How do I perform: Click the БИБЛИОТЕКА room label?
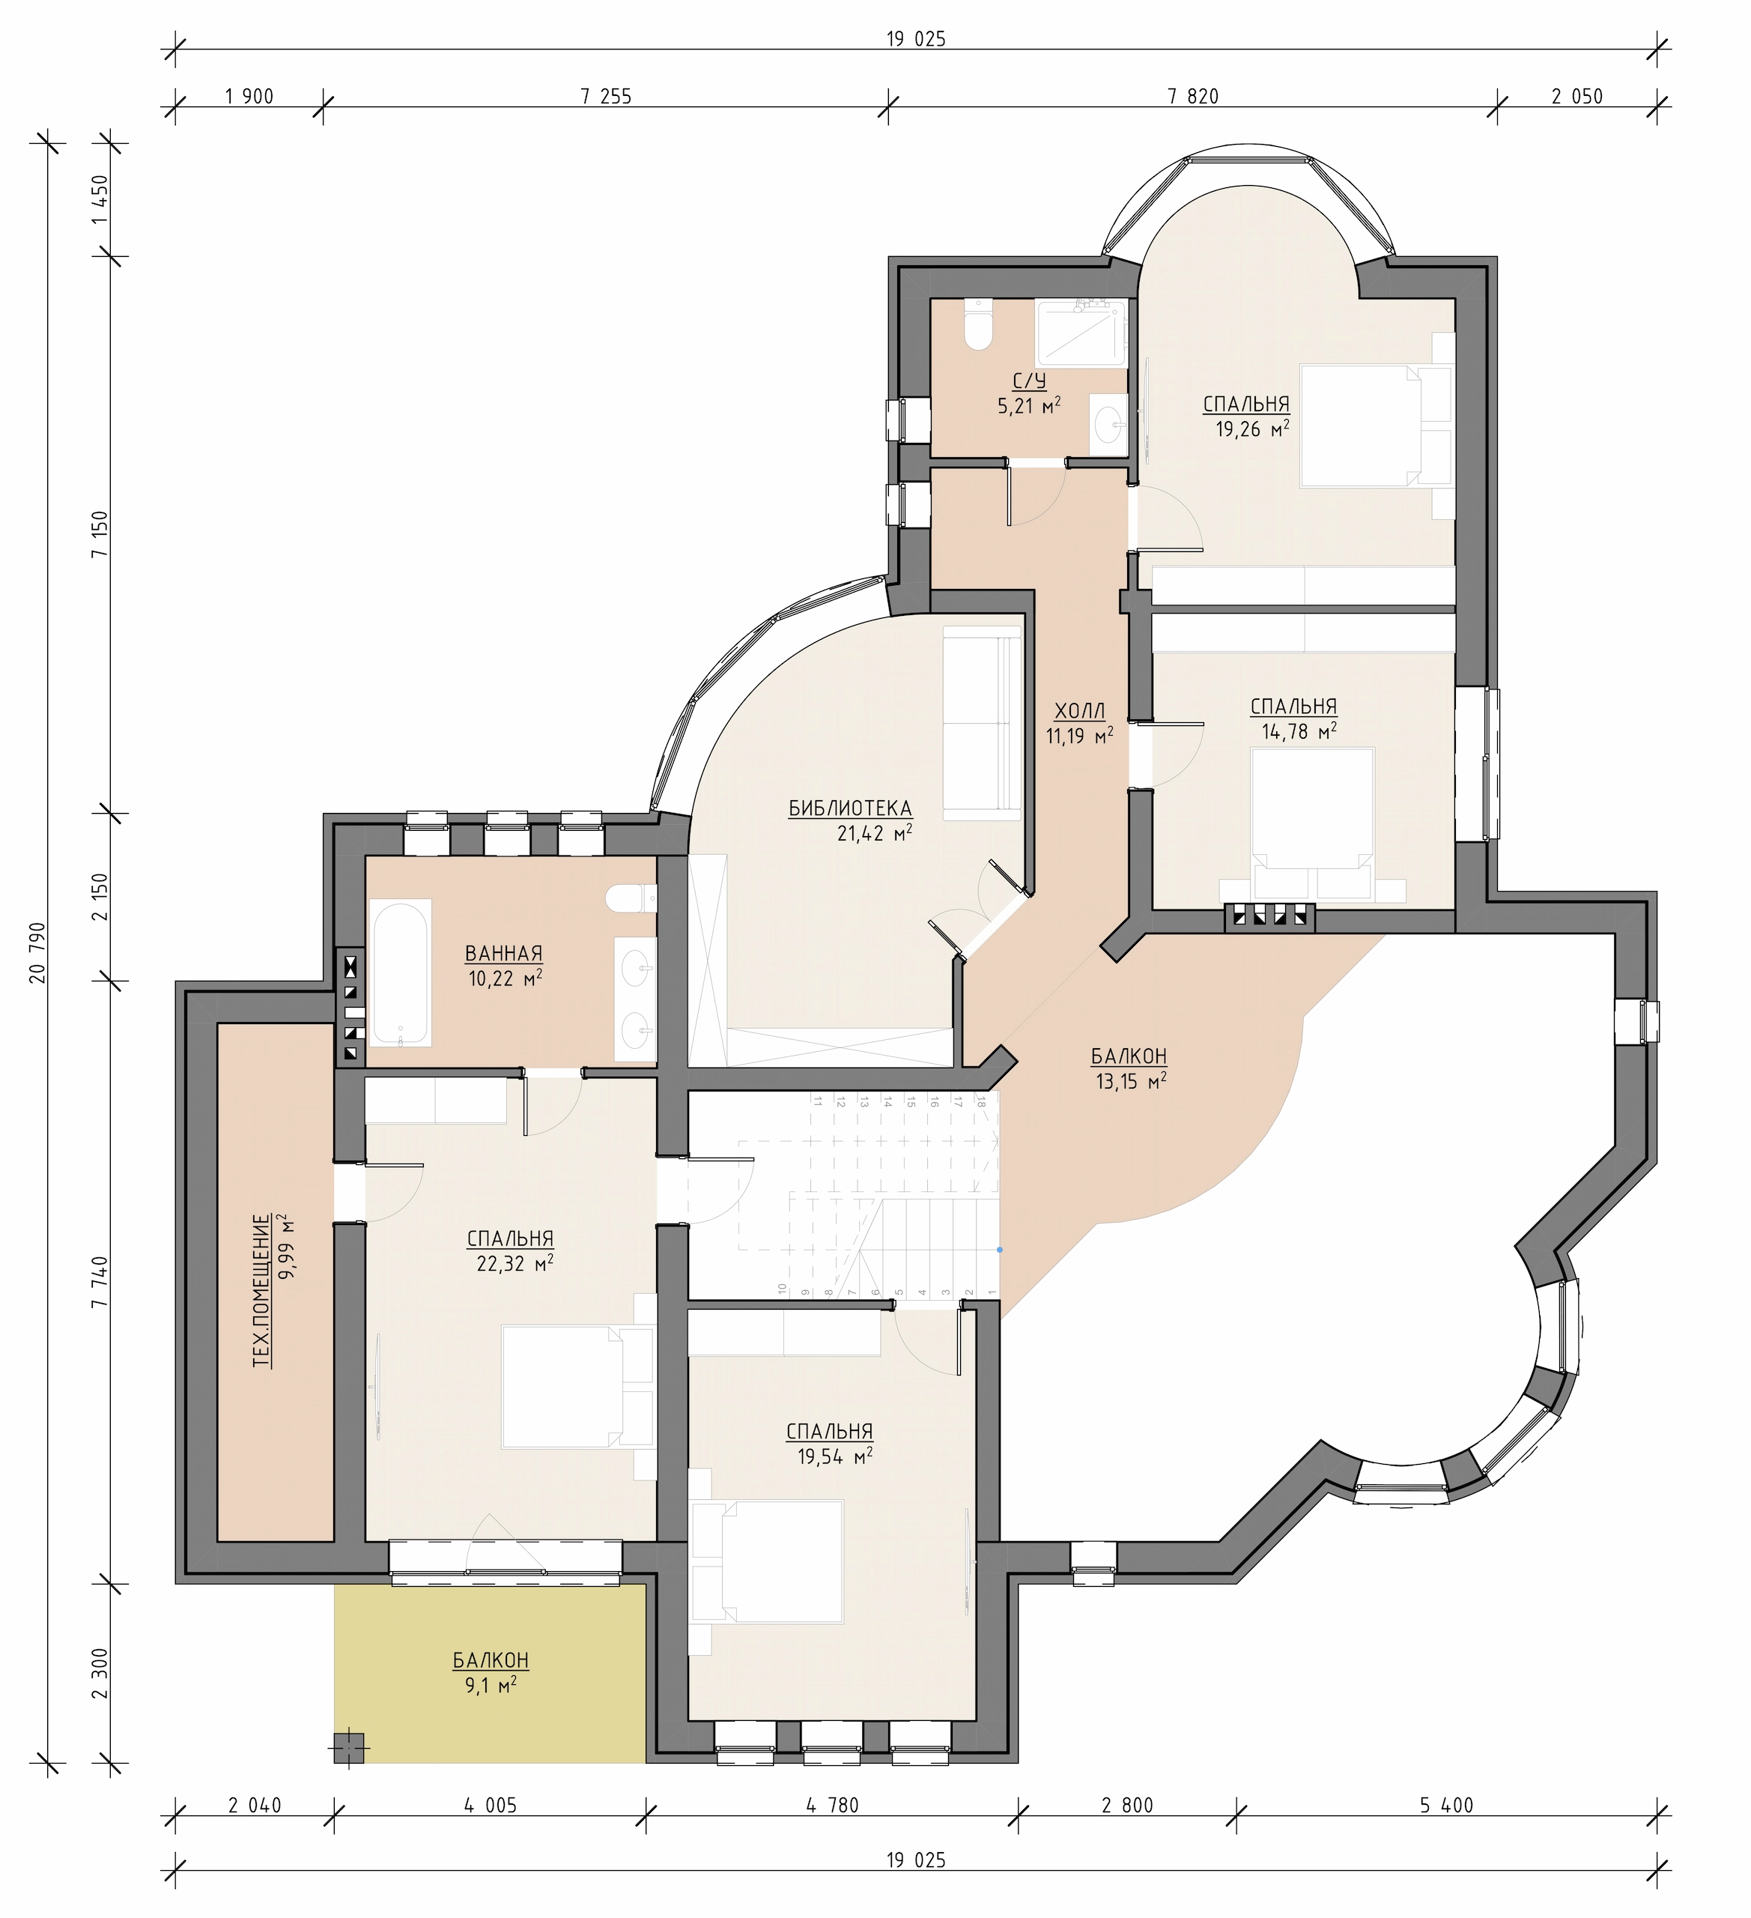click(850, 808)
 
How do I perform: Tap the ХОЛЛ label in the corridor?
click(1081, 711)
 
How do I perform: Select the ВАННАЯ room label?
click(503, 953)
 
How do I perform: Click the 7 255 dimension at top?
click(606, 96)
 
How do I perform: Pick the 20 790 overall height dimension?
click(37, 952)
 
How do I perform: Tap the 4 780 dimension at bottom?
click(832, 1806)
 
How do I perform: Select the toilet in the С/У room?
click(978, 324)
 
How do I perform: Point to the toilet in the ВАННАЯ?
click(631, 896)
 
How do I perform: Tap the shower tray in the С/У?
click(1081, 333)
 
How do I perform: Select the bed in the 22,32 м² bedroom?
click(577, 1386)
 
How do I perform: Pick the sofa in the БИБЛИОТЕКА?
click(982, 722)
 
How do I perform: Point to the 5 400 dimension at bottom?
click(1447, 1806)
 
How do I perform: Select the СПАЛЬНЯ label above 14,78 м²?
click(1293, 707)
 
